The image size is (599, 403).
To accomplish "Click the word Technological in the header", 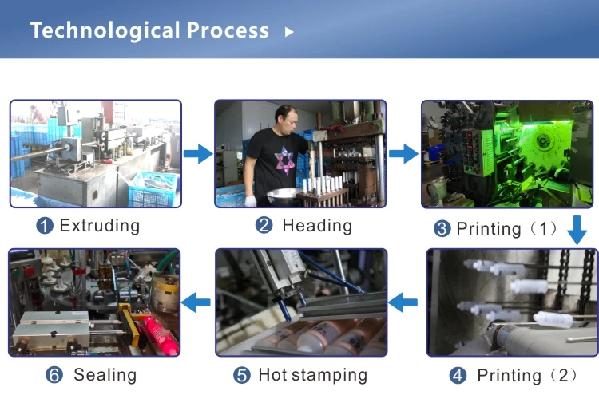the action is point(105,30).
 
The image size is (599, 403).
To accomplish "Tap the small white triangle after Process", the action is point(289,32).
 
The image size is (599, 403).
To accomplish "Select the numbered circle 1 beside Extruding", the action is point(45,226).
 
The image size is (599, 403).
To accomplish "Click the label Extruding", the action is point(99,226).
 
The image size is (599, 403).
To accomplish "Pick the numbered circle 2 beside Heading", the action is point(264,226).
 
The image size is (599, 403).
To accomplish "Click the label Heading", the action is point(316,226).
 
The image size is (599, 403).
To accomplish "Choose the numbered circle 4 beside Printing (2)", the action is point(457,375).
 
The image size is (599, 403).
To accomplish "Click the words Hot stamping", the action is point(312,375).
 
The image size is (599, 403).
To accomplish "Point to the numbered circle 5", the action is point(243,375).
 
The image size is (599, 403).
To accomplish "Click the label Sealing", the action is point(105,375).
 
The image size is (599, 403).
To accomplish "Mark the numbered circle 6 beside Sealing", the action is point(54,375).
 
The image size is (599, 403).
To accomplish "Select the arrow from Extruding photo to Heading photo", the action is point(197,153).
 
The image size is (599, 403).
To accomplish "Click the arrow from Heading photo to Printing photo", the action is point(404,153).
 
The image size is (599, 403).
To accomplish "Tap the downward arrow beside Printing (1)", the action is point(577,231).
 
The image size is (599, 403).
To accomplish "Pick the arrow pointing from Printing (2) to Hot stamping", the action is point(404,302).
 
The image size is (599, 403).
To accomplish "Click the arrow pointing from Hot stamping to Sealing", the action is point(196,302).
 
